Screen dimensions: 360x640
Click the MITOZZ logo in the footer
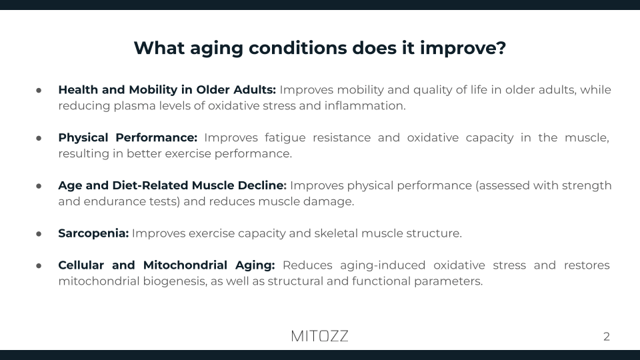pyautogui.click(x=319, y=336)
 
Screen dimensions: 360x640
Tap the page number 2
pyautogui.click(x=606, y=337)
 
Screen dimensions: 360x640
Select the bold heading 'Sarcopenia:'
pyautogui.click(x=93, y=233)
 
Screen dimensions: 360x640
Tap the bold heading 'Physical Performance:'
pyautogui.click(x=127, y=137)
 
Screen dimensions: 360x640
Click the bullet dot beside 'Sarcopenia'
pyautogui.click(x=39, y=234)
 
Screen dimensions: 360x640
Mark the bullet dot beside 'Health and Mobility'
pyautogui.click(x=39, y=90)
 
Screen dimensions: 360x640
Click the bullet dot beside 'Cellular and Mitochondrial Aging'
pyautogui.click(x=39, y=266)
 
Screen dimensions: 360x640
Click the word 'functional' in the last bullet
pyautogui.click(x=375, y=281)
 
